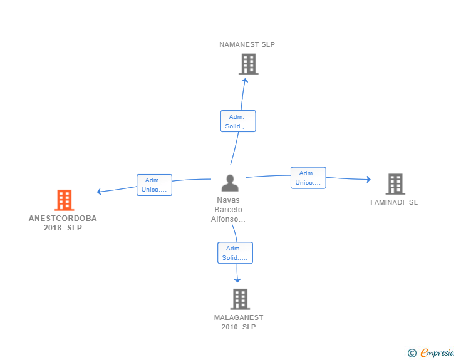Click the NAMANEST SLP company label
point(247,44)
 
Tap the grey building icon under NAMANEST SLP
point(249,64)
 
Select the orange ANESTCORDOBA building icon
point(65,200)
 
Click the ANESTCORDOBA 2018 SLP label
point(63,223)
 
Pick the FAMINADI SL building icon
point(395,184)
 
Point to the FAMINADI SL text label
point(394,202)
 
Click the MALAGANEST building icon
point(241,299)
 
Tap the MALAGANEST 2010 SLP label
point(239,322)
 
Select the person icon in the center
point(230,183)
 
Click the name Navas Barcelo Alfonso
point(228,210)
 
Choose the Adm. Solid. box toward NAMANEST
point(238,121)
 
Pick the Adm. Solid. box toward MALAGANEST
point(236,253)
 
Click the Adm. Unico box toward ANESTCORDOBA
point(155,185)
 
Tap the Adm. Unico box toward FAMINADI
point(308,178)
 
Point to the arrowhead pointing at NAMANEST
point(245,81)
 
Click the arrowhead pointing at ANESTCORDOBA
point(99,192)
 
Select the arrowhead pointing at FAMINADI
point(369,179)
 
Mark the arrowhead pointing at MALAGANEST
point(237,280)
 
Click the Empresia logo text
point(437,352)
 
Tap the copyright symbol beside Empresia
point(412,353)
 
